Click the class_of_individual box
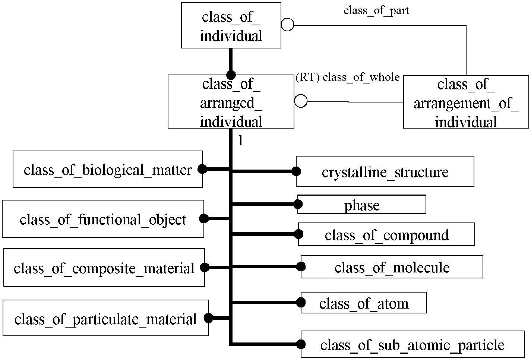pos(231,25)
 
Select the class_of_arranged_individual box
pos(231,102)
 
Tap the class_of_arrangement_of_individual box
pos(466,102)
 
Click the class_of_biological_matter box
pos(108,169)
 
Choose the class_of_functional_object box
pos(103,219)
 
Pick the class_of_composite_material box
pos(104,268)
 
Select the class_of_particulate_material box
pos(106,318)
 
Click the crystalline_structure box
pos(385,171)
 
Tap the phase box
pos(362,205)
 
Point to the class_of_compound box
pos(386,234)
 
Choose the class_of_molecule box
pos(392,267)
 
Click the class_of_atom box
pos(364,303)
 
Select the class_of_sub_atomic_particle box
pos(413,344)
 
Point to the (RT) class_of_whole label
pos(348,77)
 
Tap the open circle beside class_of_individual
pos(287,25)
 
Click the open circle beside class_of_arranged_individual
pos(301,101)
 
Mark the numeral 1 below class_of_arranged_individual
pos(241,140)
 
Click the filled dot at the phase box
pos(298,204)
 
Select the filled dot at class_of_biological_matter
pos(202,169)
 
